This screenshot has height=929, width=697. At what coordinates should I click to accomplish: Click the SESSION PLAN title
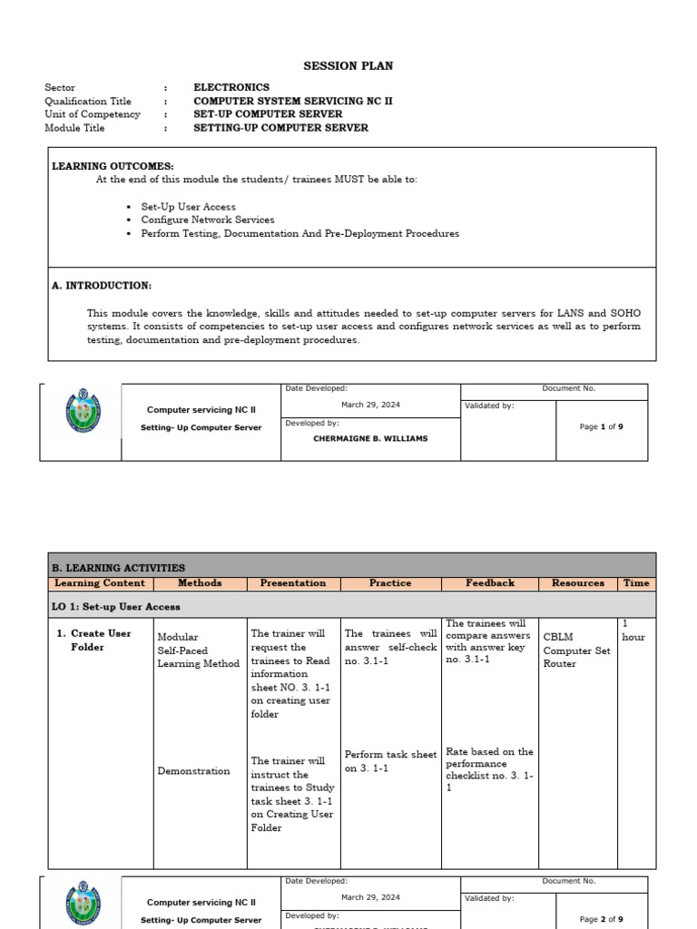348,66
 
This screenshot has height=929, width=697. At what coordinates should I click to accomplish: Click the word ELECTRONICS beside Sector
231,88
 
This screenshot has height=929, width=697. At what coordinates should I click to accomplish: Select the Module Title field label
75,128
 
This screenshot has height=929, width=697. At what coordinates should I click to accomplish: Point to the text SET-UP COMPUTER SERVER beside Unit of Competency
268,114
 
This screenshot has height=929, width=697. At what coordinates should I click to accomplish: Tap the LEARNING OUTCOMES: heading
113,167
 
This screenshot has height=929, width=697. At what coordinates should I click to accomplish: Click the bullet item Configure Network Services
207,220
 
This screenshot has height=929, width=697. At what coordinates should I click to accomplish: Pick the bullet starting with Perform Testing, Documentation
299,233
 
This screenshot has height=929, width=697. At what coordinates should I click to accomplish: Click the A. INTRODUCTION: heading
102,285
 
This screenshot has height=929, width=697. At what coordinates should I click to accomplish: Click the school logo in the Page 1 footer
83,410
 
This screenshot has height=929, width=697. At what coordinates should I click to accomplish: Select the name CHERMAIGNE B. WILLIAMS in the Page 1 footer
370,438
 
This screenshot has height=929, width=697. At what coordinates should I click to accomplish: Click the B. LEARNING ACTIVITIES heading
120,567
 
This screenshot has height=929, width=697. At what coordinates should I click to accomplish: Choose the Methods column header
200,583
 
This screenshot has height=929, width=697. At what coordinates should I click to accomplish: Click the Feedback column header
490,583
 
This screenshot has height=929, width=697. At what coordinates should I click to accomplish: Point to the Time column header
636,583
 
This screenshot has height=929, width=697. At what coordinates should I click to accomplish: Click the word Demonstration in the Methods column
193,771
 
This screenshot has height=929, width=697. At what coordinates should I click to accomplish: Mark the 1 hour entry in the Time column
633,631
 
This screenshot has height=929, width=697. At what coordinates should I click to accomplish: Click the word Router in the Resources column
559,663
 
